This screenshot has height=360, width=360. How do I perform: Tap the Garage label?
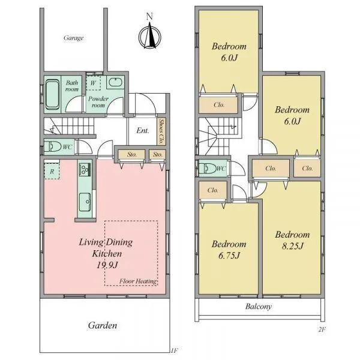click(73, 38)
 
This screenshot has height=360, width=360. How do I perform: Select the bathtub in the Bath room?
click(52, 94)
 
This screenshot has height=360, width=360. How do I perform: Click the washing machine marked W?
click(93, 83)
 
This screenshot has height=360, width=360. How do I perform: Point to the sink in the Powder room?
click(115, 82)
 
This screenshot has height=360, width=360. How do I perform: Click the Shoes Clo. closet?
click(162, 131)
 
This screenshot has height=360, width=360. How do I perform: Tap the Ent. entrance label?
click(143, 131)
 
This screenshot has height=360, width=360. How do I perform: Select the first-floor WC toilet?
click(52, 146)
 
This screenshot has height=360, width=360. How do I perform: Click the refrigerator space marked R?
click(52, 171)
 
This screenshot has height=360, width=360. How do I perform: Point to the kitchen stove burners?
click(85, 170)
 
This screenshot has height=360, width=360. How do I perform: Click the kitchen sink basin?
click(85, 202)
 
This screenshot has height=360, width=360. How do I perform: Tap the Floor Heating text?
click(138, 281)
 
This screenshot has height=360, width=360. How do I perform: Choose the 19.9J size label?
click(107, 265)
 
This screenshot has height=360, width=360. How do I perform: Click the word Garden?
click(103, 325)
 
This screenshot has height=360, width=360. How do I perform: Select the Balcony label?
click(259, 307)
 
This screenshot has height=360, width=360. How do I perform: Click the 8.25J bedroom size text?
click(293, 246)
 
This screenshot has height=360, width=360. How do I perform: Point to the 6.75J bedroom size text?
click(229, 256)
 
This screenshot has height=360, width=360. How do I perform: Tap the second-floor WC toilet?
click(208, 169)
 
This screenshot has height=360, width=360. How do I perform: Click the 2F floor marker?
click(322, 329)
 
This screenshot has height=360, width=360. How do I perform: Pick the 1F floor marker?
click(174, 350)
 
